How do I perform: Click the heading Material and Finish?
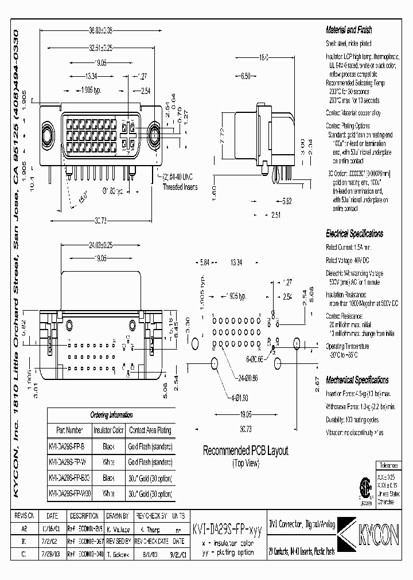[x=349, y=29]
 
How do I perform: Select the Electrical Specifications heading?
[x=354, y=234]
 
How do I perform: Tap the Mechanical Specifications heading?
[x=357, y=380]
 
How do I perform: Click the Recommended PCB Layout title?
[x=246, y=451]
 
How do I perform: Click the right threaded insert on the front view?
[x=154, y=137]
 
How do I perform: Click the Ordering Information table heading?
[x=111, y=415]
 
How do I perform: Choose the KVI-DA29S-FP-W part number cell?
[x=68, y=461]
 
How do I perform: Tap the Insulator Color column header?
[x=109, y=430]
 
